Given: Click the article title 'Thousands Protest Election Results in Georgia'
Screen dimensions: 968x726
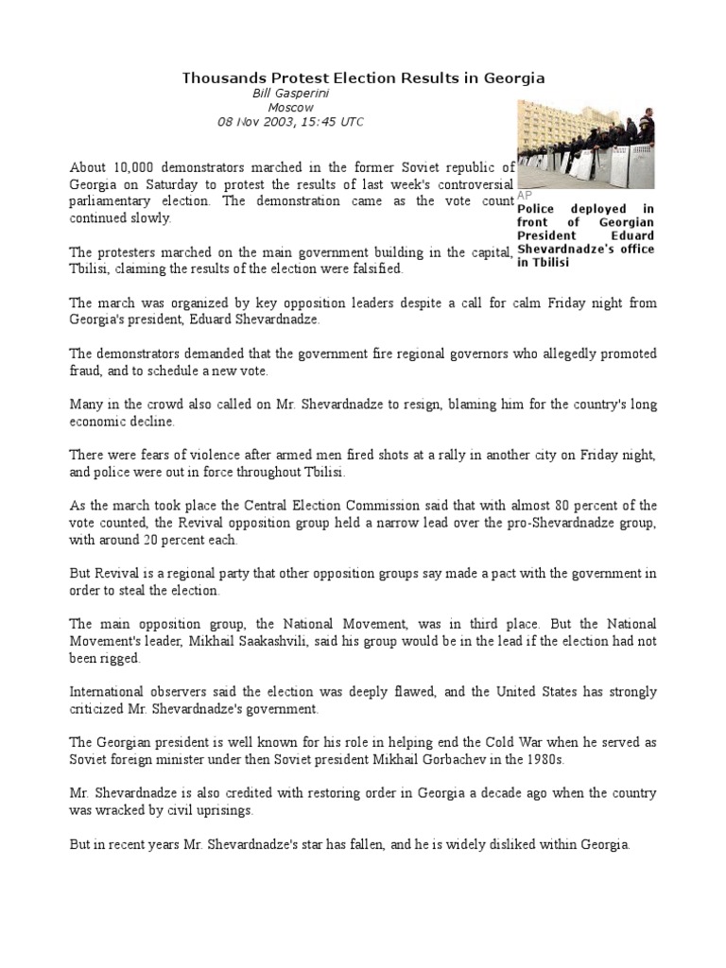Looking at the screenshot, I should click(363, 78).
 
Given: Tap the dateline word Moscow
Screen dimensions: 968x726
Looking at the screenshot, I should click(290, 108).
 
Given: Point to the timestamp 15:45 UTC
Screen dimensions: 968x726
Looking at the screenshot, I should click(331, 122).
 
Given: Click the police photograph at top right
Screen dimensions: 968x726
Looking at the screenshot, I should click(586, 146).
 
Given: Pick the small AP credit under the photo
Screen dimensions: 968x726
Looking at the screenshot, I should click(525, 194).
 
